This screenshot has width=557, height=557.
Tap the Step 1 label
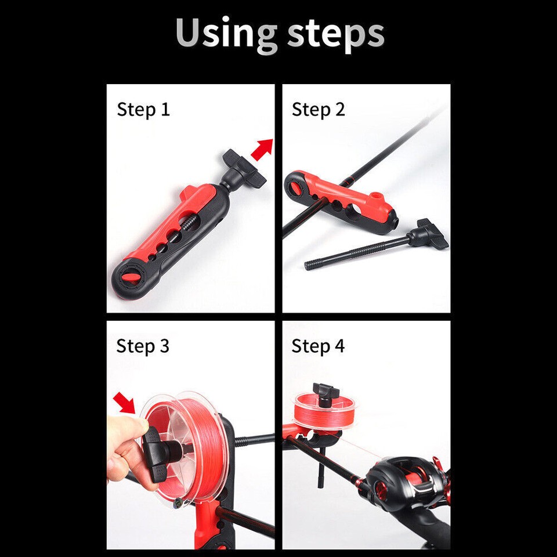point(143,109)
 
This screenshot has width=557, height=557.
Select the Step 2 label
point(318,109)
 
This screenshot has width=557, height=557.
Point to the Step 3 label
point(143,346)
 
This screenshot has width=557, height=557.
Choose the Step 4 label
point(318,346)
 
